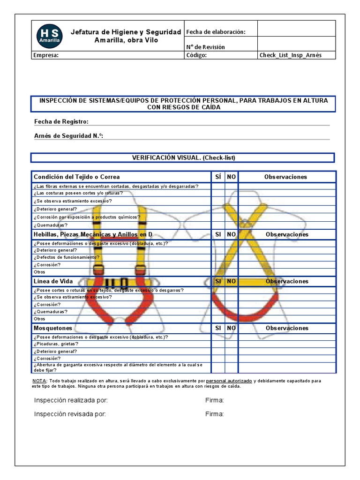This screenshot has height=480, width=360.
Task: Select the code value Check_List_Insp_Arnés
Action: coord(291,55)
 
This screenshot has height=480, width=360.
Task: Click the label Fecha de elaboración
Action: coord(216,32)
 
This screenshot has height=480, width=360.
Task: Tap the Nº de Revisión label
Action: coord(206,47)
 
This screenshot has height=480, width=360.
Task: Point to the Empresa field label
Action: coord(46,55)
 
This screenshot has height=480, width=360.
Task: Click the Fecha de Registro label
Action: coord(61,122)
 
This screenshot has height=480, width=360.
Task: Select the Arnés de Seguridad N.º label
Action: coord(68,136)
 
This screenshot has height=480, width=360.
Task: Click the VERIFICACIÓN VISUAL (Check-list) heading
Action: coord(183,157)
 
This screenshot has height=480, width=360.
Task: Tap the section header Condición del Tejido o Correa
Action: coord(76,177)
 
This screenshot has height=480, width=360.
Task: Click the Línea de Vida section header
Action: coord(53,281)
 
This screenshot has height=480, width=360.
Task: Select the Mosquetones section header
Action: coord(52,328)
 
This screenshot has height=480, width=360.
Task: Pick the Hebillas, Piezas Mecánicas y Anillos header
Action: coord(93,234)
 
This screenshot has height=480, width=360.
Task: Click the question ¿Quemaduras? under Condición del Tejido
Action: coord(50,225)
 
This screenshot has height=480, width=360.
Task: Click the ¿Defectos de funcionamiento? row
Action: coord(66,257)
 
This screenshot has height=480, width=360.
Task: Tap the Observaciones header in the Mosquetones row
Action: coord(287,328)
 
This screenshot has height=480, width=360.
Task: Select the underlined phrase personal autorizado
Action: coord(229,381)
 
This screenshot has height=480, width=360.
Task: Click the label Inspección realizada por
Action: coord(71,400)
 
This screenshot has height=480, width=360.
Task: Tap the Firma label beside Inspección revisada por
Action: coord(214,414)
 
